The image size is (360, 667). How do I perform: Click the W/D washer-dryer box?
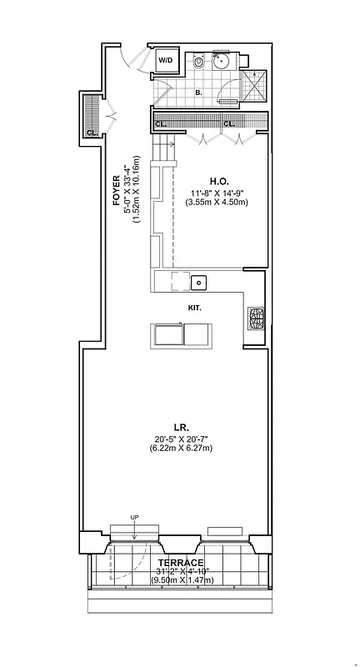(165, 60)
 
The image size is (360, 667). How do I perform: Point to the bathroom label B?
(198, 93)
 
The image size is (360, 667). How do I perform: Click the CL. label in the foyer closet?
(92, 132)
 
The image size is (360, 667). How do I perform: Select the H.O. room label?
(219, 180)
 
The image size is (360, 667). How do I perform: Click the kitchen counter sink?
(198, 283)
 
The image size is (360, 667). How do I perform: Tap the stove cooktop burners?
(256, 318)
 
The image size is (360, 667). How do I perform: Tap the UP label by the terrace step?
(134, 519)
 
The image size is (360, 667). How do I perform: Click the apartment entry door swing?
(129, 58)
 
